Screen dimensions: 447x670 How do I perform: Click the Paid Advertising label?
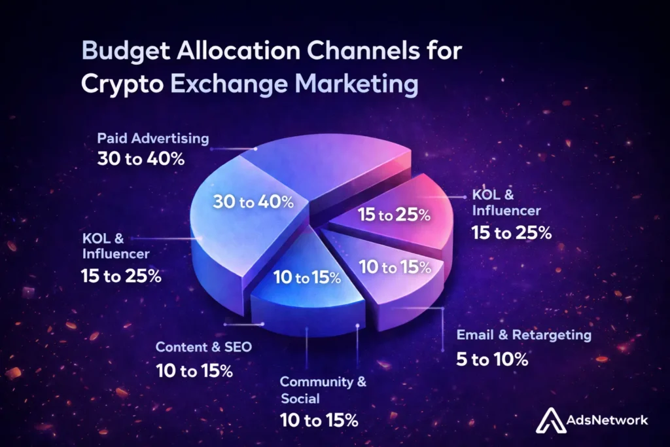pyautogui.click(x=153, y=139)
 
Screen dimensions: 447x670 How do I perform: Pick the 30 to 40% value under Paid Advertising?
pyautogui.click(x=139, y=158)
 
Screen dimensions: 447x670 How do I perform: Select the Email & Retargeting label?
pyautogui.click(x=523, y=335)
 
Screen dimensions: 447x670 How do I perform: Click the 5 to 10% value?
pyautogui.click(x=492, y=359)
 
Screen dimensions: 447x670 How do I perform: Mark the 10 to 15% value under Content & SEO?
pyautogui.click(x=194, y=370)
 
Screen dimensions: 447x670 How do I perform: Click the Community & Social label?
pyautogui.click(x=323, y=389)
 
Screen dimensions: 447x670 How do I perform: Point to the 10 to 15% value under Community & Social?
pyautogui.click(x=319, y=420)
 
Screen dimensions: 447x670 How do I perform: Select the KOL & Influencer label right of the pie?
pyautogui.click(x=506, y=203)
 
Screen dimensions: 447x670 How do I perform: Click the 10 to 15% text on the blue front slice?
pyautogui.click(x=307, y=277)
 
